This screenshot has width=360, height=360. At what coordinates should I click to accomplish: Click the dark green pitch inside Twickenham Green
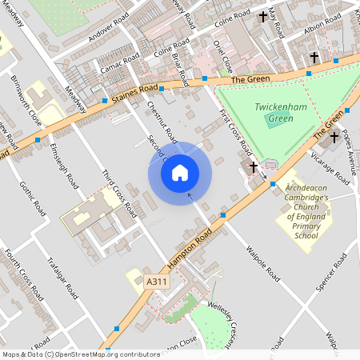coord(278,122)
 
